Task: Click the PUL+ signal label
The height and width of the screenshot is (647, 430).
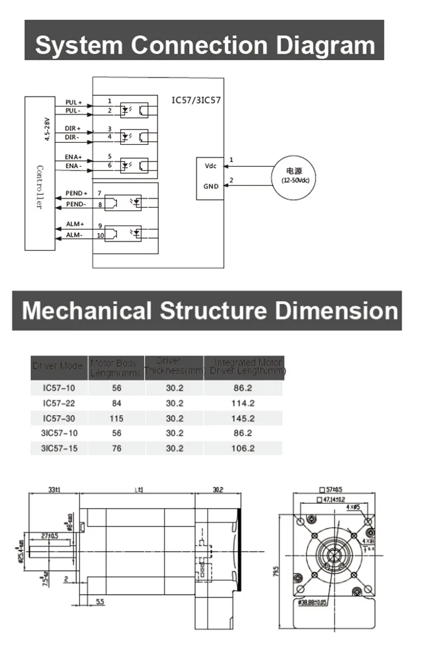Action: click(x=73, y=103)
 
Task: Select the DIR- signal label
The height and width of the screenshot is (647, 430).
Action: click(x=73, y=137)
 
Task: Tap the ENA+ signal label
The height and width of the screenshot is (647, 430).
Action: click(x=73, y=157)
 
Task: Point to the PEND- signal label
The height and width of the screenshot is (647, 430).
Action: click(x=76, y=204)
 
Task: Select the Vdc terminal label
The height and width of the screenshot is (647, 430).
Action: click(x=211, y=165)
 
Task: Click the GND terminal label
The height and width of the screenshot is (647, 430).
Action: click(x=211, y=187)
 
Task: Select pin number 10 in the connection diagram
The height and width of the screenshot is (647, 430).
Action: click(x=101, y=236)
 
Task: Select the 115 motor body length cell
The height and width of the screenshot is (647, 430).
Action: click(x=116, y=418)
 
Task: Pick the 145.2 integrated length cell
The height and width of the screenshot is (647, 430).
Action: click(x=243, y=418)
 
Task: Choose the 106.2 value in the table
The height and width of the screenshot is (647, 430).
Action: click(x=243, y=448)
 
